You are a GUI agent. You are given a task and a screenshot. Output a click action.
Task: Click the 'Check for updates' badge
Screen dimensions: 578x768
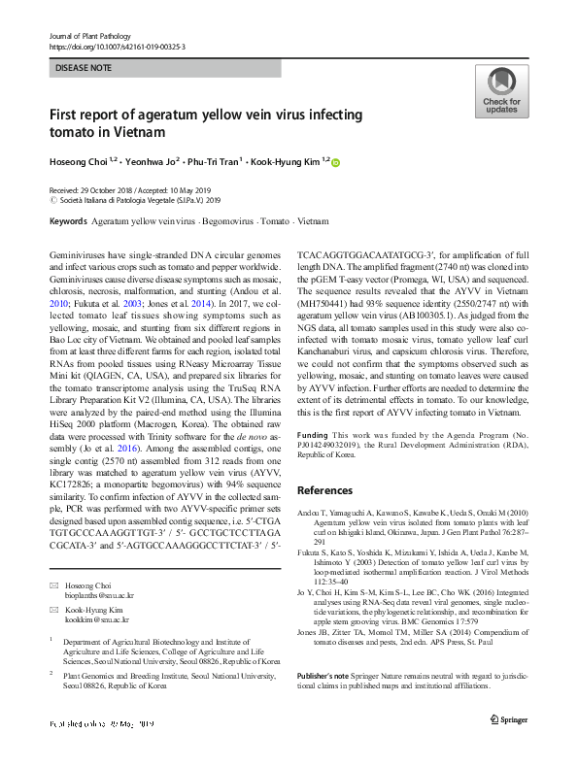pyautogui.click(x=500, y=91)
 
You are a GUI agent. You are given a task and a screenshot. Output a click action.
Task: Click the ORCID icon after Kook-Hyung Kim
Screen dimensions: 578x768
pyautogui.click(x=336, y=162)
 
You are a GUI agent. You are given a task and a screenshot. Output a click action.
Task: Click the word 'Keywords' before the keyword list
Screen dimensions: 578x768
pyautogui.click(x=67, y=221)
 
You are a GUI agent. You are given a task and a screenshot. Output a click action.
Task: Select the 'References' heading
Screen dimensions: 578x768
pyautogui.click(x=323, y=490)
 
